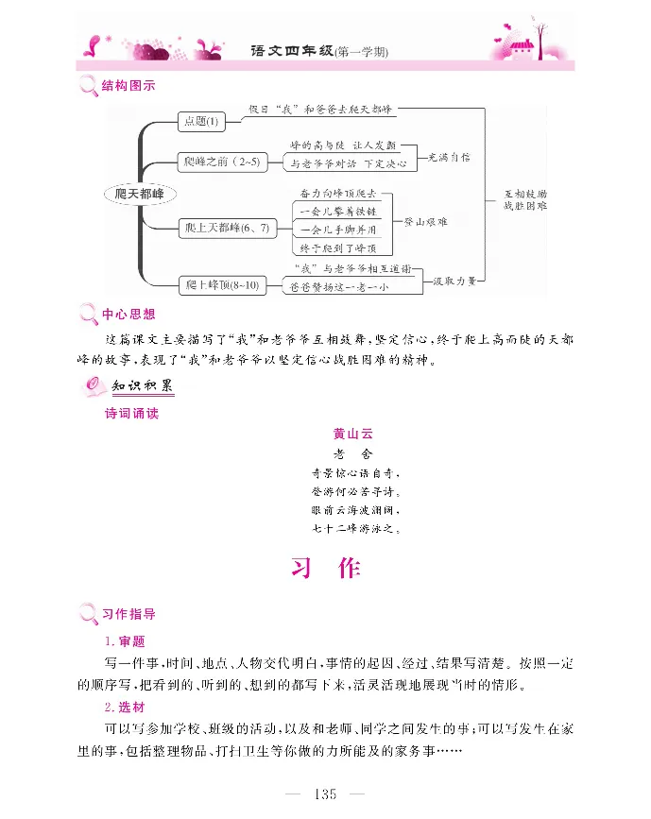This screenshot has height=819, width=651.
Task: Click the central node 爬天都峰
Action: pyautogui.click(x=139, y=194)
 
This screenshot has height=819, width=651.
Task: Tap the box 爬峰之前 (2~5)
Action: pyautogui.click(x=220, y=162)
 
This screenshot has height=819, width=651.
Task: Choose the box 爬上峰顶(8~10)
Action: pyautogui.click(x=222, y=282)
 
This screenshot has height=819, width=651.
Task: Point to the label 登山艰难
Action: pyautogui.click(x=425, y=220)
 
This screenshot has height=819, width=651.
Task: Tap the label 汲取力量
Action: pyautogui.click(x=454, y=281)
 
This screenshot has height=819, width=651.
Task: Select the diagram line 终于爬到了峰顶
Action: pyautogui.click(x=333, y=247)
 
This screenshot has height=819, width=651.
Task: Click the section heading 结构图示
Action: pyautogui.click(x=128, y=86)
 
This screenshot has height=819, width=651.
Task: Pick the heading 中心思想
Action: pyautogui.click(x=128, y=314)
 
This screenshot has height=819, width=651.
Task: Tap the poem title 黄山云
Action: pyautogui.click(x=353, y=434)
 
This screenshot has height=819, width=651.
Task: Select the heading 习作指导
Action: pyautogui.click(x=128, y=614)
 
